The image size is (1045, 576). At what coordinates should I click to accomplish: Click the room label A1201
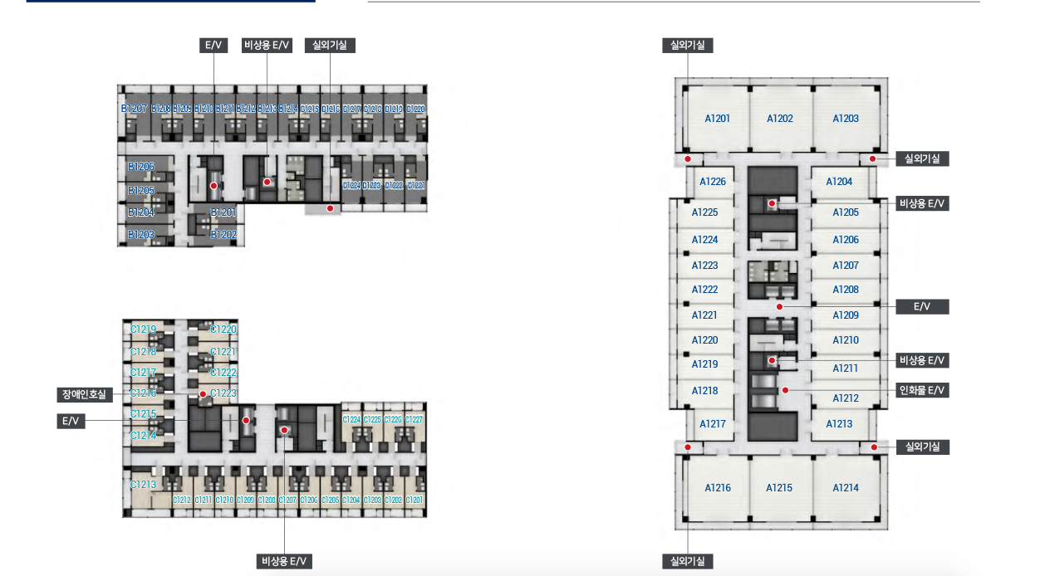[717, 119]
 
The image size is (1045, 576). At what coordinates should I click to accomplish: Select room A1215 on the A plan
[779, 488]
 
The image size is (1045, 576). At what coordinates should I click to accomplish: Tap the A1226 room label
[713, 182]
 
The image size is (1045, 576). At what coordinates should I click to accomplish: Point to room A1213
[839, 424]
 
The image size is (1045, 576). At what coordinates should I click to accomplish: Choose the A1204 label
[839, 182]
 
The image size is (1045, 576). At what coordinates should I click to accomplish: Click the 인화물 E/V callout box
[922, 390]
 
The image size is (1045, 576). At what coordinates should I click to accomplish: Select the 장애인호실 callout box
[84, 395]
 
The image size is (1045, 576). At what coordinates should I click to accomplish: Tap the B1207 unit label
[134, 109]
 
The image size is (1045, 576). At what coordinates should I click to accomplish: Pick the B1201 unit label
[223, 212]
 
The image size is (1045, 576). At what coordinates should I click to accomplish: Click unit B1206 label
[141, 167]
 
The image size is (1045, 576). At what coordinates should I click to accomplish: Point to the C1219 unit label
[143, 329]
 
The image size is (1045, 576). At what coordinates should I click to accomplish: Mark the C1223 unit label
[223, 393]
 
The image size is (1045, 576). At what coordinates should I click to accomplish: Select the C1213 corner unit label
[143, 484]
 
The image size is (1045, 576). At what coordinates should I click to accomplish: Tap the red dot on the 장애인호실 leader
[203, 394]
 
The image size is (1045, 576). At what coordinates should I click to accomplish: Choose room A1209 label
[846, 315]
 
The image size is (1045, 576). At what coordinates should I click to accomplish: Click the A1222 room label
[704, 290]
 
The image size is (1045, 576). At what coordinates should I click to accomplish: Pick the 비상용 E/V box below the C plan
[284, 562]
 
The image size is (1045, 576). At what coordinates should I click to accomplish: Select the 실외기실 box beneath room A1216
[687, 562]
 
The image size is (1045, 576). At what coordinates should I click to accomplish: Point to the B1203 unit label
[141, 235]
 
